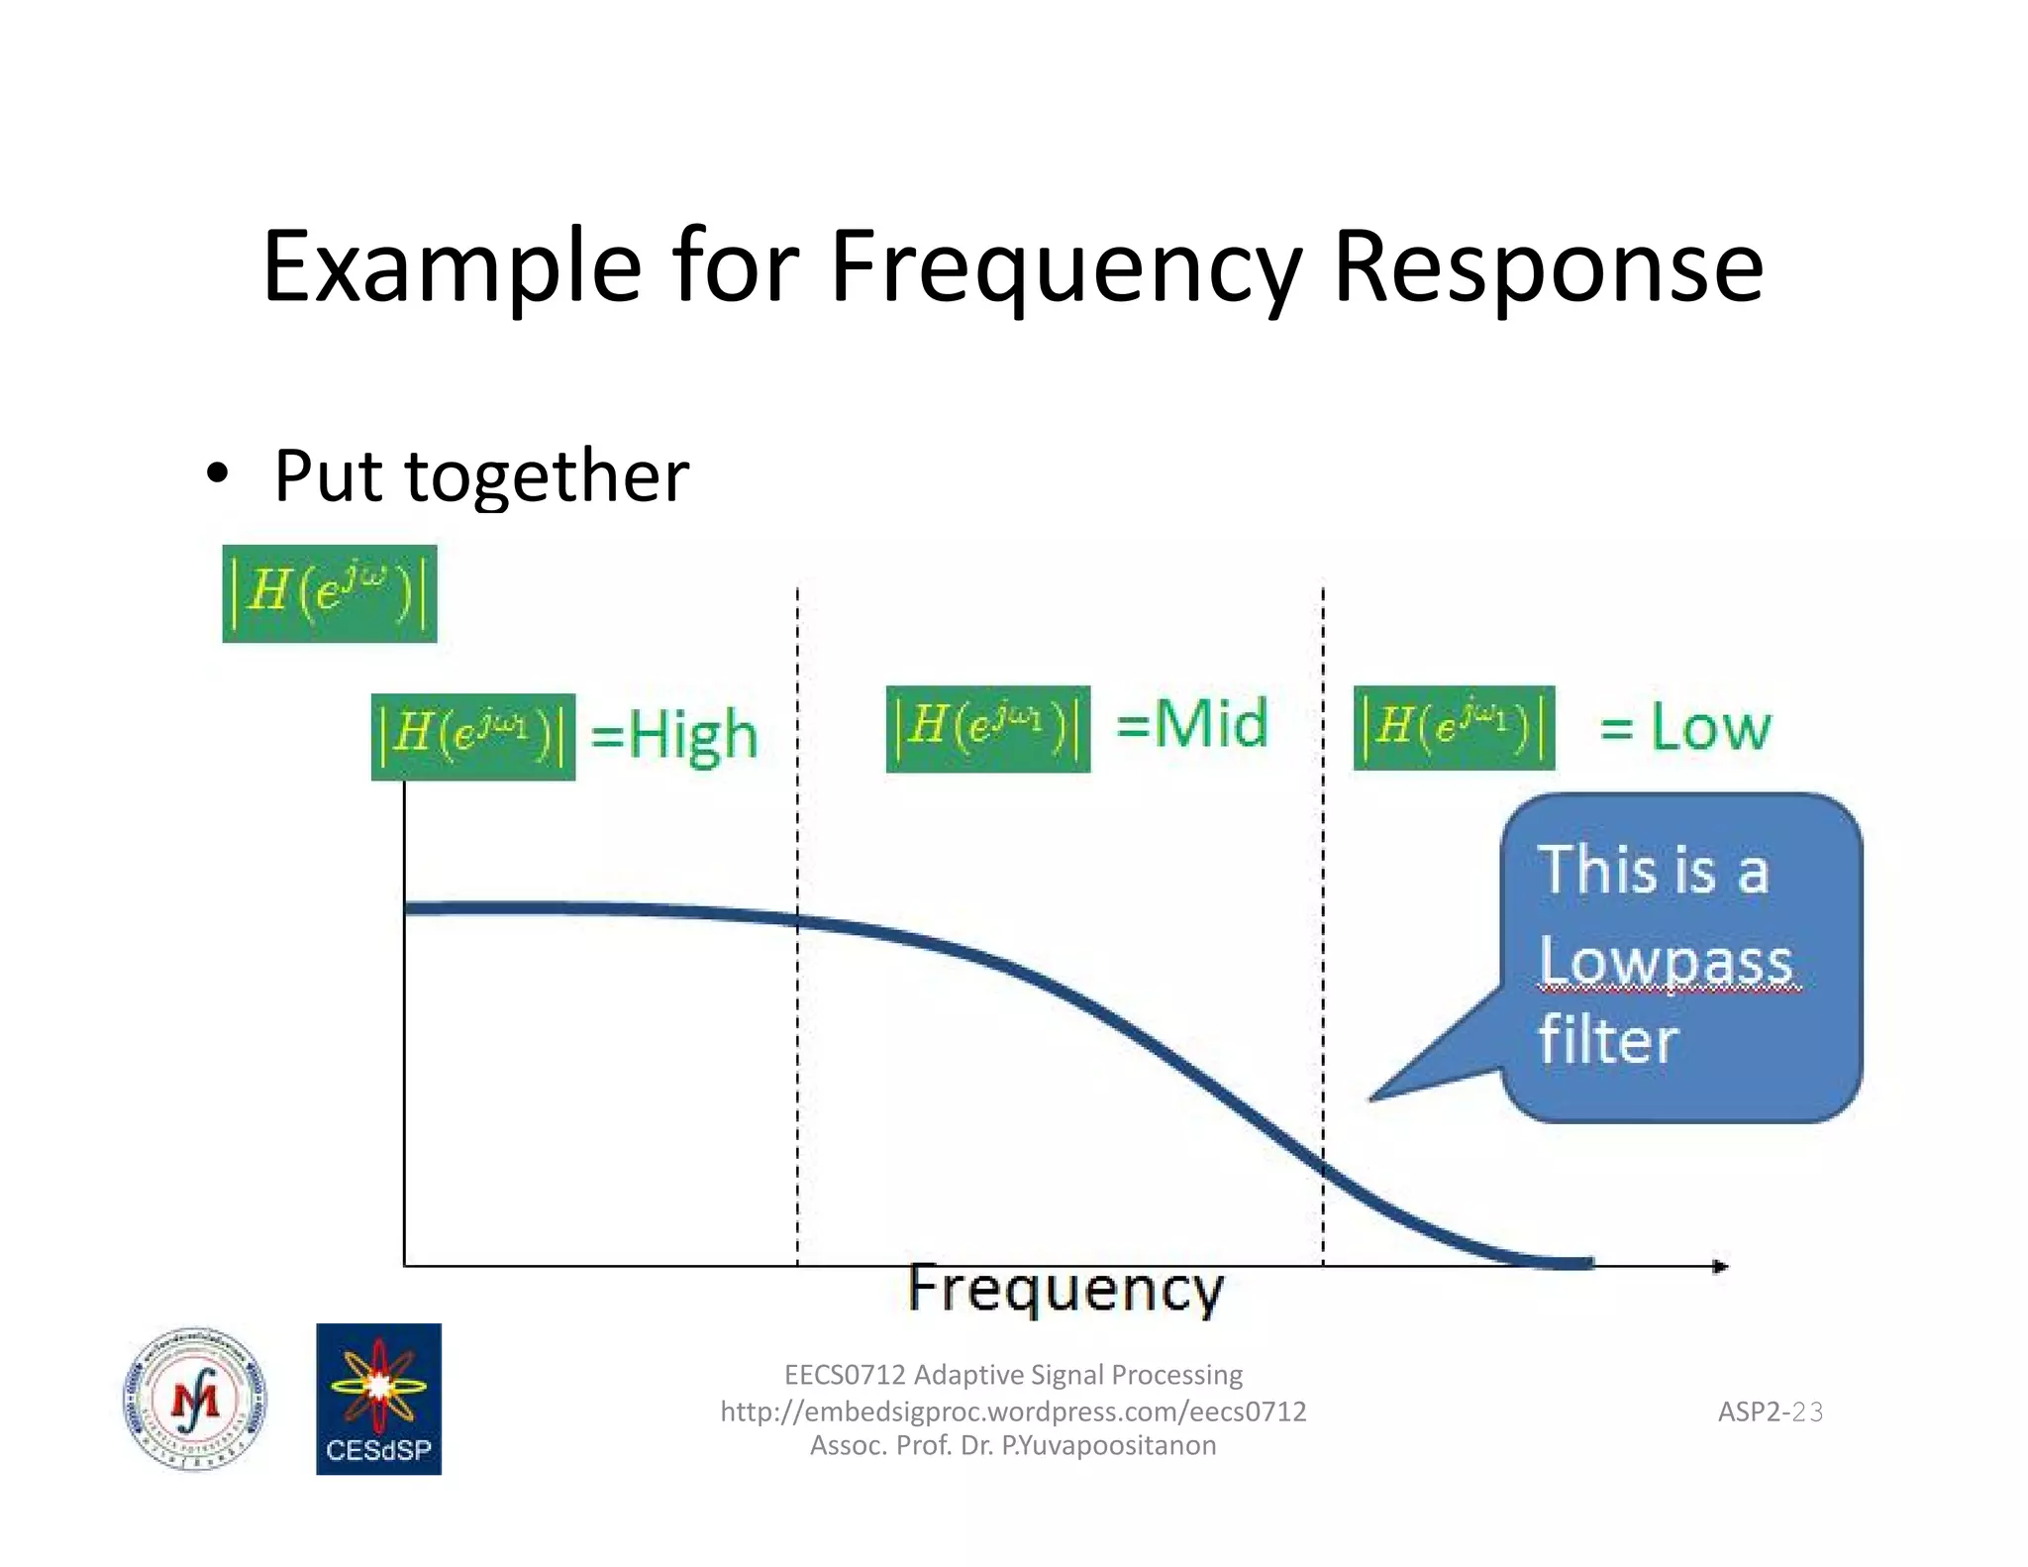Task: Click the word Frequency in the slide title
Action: tap(1065, 267)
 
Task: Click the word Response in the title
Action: tap(1548, 267)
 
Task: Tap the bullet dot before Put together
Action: tap(217, 473)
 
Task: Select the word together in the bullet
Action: tap(547, 476)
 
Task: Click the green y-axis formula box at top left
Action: tap(329, 593)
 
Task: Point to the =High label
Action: tap(674, 734)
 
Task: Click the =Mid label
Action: tap(1191, 724)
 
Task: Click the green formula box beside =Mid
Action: tap(987, 728)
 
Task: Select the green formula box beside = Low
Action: tap(1453, 727)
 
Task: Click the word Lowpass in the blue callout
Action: tap(1666, 962)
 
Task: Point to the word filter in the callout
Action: tap(1608, 1040)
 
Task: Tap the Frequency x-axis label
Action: tap(1065, 1289)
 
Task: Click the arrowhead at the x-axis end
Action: tap(1721, 1266)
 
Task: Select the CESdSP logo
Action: tap(378, 1399)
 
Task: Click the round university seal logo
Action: tap(194, 1399)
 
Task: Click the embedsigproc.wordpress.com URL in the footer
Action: tap(1013, 1410)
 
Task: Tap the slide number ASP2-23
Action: tap(1770, 1411)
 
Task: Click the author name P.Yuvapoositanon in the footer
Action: tap(1109, 1445)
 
